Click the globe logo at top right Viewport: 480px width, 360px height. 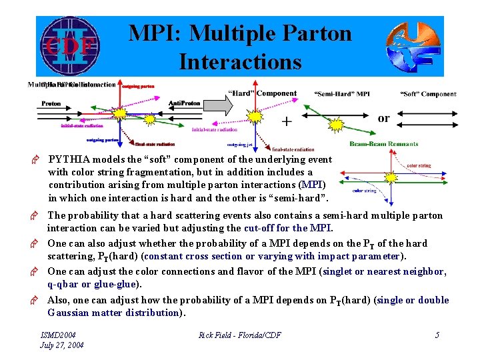click(413, 47)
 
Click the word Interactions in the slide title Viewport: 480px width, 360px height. click(240, 61)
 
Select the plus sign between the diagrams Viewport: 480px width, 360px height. click(286, 121)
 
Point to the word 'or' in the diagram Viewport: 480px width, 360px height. click(383, 119)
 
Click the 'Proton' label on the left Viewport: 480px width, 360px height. click(51, 103)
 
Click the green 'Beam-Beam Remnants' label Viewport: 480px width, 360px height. click(383, 145)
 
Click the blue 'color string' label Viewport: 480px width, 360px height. click(364, 191)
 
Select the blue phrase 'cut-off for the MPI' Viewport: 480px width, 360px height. click(288, 229)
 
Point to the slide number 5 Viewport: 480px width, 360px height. click(437, 335)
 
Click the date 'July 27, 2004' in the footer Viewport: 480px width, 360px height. click(63, 345)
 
